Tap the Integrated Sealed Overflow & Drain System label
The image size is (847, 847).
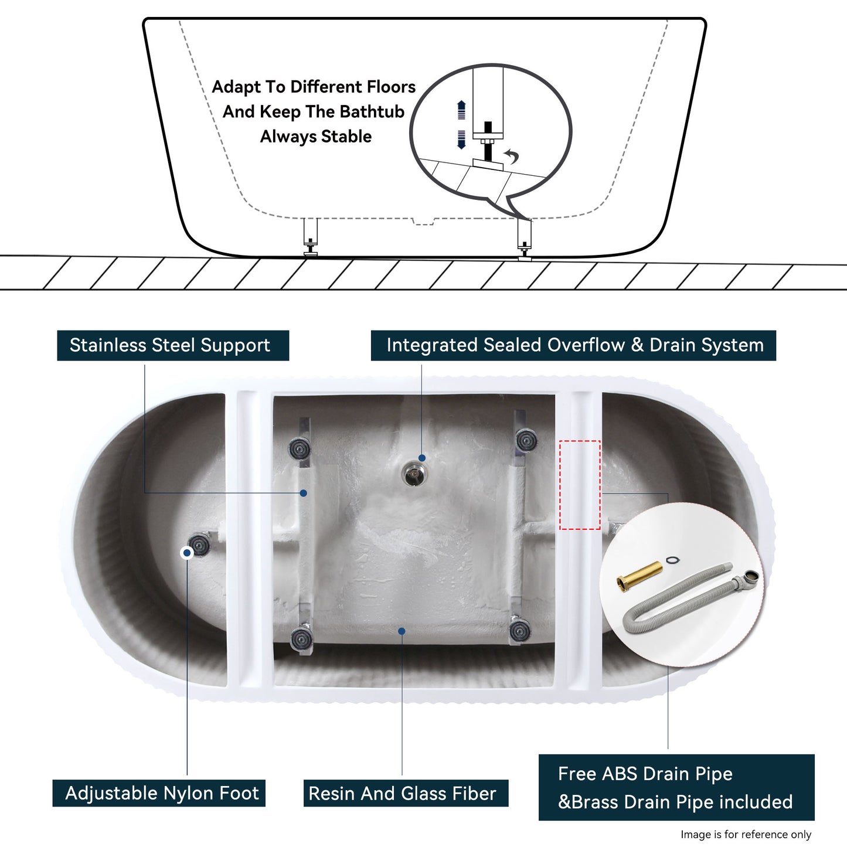pos(574,345)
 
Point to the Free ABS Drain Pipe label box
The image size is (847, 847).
pos(676,787)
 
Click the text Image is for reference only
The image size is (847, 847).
pos(746,834)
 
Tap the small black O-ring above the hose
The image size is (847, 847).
pos(673,560)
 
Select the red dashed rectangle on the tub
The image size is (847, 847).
pos(580,485)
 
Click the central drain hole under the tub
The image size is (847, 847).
pos(414,473)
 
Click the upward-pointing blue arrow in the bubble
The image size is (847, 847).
pos(461,110)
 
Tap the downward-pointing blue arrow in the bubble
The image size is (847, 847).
pos(461,139)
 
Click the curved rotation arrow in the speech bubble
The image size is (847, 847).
pos(512,156)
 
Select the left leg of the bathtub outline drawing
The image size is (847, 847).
pos(310,236)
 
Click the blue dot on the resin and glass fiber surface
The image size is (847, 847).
pos(402,631)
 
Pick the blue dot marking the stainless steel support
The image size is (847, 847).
pos(303,493)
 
